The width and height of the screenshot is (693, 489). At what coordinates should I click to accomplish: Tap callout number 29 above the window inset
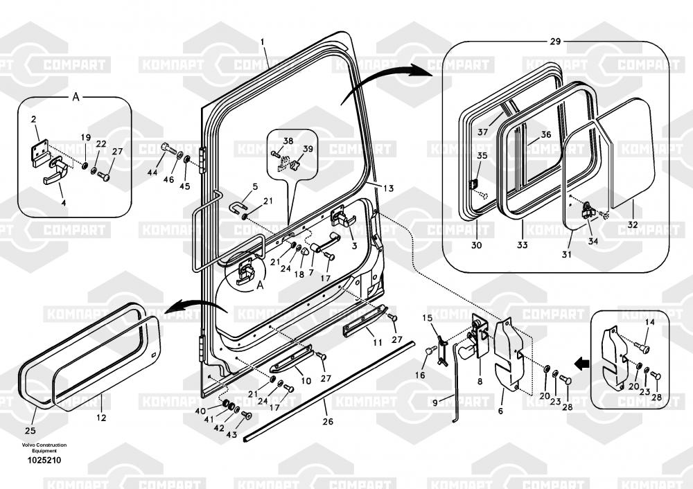pos(555,42)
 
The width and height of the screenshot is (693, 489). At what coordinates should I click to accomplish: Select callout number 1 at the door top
pos(263,42)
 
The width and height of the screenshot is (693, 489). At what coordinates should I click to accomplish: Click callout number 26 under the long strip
pos(328,420)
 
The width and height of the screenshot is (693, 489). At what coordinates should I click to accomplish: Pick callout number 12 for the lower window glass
pos(101,418)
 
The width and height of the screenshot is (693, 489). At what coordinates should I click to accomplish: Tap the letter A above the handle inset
pos(76,98)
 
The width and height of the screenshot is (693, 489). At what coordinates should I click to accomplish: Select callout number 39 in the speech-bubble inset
pos(308,148)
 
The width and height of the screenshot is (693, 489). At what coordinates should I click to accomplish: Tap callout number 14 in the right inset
pos(649,322)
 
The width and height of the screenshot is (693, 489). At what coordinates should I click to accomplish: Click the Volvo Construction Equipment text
pos(44,447)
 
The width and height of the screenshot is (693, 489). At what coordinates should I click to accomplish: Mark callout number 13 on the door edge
pos(389,188)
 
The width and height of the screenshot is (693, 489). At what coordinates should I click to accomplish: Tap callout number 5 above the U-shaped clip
pos(255,186)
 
